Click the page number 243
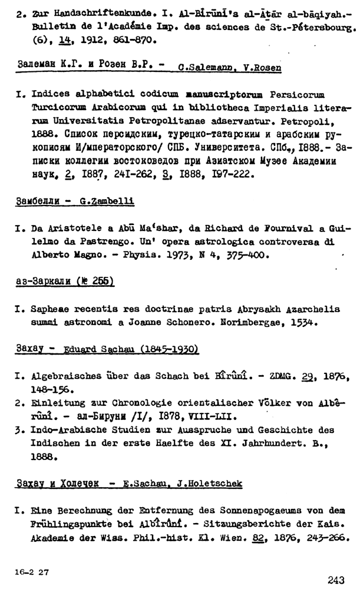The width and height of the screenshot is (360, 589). click(336, 580)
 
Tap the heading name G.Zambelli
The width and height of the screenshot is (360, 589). click(107, 201)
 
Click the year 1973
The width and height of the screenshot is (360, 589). click(226, 256)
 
